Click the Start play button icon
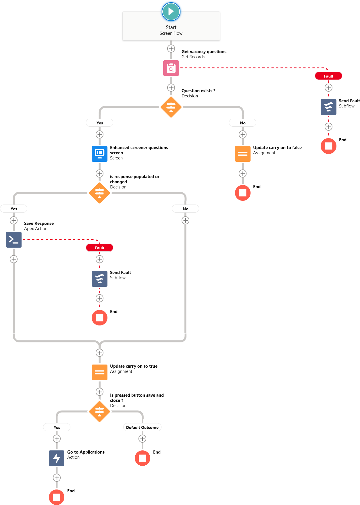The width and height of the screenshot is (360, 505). tap(171, 11)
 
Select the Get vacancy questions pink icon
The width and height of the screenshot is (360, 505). tap(171, 68)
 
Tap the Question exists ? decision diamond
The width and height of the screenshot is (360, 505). tap(171, 107)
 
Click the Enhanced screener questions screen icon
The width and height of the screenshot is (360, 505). tap(99, 154)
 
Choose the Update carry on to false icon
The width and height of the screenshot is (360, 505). tap(243, 154)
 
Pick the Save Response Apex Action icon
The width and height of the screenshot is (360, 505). tap(14, 240)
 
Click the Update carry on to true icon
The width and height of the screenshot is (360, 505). tap(99, 373)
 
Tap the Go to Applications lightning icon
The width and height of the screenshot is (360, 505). tap(57, 458)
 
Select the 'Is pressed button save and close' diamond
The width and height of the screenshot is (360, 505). tap(99, 412)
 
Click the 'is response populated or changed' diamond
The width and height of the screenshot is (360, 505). tap(99, 193)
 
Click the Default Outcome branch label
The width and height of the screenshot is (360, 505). tap(142, 427)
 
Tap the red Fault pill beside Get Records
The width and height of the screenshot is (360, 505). tap(328, 76)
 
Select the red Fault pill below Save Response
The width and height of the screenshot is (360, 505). tap(99, 248)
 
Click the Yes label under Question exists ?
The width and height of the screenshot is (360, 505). tap(99, 123)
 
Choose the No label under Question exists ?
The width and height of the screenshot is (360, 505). tap(243, 123)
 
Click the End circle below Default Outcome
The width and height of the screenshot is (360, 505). tap(143, 458)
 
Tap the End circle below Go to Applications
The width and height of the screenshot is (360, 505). tap(57, 497)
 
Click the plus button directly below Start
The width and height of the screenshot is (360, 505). tap(171, 49)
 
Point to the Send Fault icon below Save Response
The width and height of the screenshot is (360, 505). tap(99, 279)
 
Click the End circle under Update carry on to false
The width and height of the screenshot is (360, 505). tap(243, 193)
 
